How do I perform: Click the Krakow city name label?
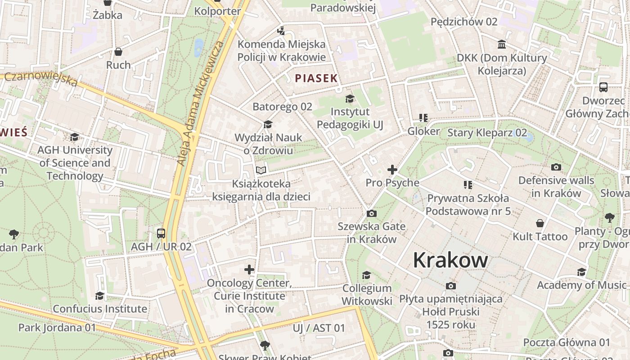450,260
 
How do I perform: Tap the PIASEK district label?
316,78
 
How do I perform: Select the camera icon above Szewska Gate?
372,213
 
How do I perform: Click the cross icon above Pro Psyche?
392,170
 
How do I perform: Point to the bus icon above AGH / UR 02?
161,234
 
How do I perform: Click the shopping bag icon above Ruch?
118,52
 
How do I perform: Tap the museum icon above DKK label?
502,45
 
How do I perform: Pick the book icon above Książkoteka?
261,170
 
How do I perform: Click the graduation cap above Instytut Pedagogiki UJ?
350,99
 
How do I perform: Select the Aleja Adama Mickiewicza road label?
200,103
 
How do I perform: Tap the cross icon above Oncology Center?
249,270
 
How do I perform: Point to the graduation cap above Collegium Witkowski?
367,275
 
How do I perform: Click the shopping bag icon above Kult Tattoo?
540,223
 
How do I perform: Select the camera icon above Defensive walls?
556,167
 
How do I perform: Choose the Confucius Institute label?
100,309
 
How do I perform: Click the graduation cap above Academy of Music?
581,272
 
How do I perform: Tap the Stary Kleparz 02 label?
487,132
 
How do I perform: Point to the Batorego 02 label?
282,107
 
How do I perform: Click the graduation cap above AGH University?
74,137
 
